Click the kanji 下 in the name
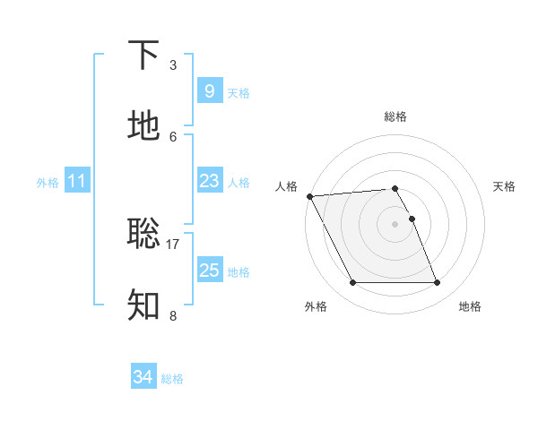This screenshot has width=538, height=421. click(x=144, y=55)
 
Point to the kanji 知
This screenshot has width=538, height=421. click(x=144, y=304)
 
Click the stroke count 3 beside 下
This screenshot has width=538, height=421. click(x=173, y=65)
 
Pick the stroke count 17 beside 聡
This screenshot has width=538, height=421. click(x=173, y=244)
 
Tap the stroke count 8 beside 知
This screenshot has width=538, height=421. click(x=173, y=315)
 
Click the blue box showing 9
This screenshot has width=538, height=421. click(x=209, y=90)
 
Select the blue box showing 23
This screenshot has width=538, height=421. click(x=209, y=181)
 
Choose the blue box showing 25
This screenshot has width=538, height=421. click(x=209, y=270)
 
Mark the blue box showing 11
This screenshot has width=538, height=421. click(x=77, y=181)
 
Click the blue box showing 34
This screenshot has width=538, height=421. click(x=143, y=377)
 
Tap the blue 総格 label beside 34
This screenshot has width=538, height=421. click(x=173, y=379)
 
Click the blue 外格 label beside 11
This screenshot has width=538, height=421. click(x=48, y=183)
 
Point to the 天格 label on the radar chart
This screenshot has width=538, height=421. click(x=504, y=186)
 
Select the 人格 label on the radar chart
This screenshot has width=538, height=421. click(x=286, y=186)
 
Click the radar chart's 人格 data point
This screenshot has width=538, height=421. click(x=309, y=196)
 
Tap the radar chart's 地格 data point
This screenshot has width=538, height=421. click(x=438, y=283)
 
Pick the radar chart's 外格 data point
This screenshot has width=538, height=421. click(x=352, y=283)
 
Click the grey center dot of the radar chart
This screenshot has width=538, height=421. click(x=395, y=224)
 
